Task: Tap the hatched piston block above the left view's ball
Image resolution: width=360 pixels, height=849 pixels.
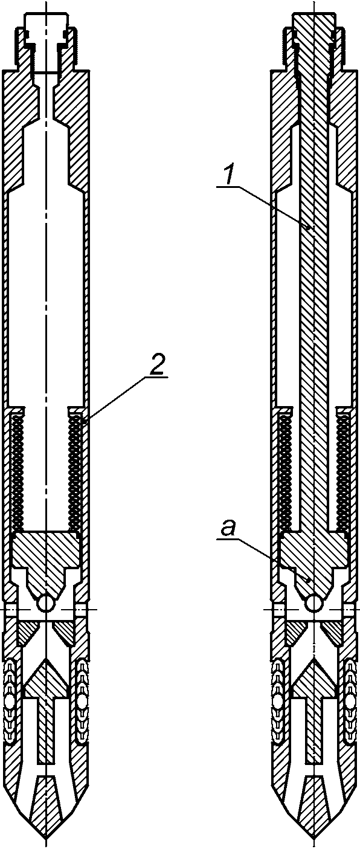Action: (47, 557)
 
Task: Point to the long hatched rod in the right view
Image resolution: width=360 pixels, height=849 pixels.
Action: (314, 303)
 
